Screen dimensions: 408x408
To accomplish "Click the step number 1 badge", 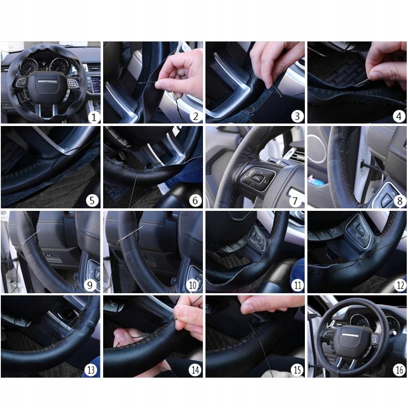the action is pos(94,116).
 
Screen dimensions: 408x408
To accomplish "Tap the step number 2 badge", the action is pos(195,116).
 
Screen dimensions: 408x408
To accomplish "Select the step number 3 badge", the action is pos(297,116).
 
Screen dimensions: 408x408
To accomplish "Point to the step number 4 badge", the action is pos(399,116).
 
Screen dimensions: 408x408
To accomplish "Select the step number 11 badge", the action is pos(297,285).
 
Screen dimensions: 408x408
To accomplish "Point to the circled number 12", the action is pos(400,285).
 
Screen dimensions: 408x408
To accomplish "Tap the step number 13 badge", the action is pos(91,370).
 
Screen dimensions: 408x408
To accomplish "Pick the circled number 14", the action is pos(195,370).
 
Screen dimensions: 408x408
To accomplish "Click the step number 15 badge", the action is pos(297,370).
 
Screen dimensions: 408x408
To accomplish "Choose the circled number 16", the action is pos(400,370).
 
